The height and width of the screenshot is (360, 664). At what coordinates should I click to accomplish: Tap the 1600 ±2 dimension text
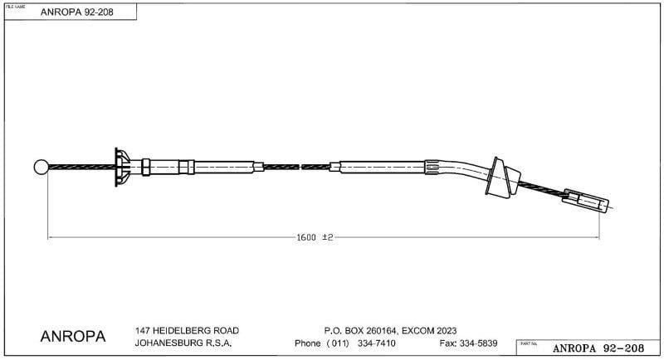click(x=315, y=237)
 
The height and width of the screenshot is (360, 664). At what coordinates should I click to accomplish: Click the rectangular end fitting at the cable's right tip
click(x=588, y=202)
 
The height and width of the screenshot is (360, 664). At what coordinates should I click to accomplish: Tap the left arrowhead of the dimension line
click(x=51, y=237)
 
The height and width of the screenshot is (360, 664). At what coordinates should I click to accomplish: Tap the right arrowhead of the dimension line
click(x=595, y=237)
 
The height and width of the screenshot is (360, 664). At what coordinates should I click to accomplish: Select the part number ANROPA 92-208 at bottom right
click(x=597, y=348)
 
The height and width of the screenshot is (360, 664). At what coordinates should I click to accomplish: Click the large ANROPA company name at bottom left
click(x=73, y=337)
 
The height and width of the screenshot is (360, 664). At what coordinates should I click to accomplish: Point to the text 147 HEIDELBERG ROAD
click(x=180, y=330)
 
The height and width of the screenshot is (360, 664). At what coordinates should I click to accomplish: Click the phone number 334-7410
click(x=377, y=343)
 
